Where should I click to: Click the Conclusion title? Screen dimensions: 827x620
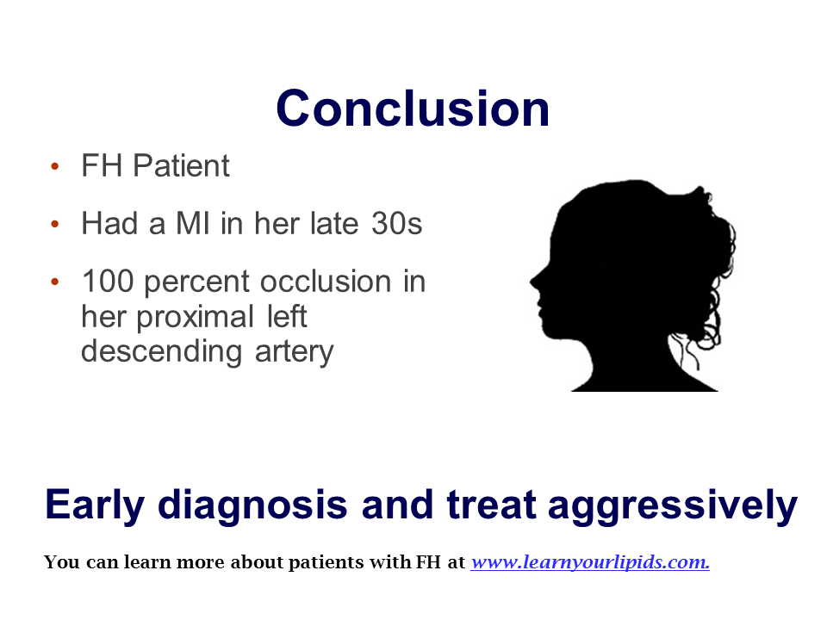tap(413, 108)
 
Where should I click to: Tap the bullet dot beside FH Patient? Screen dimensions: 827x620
tap(55, 166)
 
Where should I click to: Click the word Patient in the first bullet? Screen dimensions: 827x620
tap(181, 165)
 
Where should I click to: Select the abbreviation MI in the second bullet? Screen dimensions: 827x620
tap(193, 223)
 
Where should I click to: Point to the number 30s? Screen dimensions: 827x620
tap(396, 223)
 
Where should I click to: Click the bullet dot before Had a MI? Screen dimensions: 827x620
tap(55, 224)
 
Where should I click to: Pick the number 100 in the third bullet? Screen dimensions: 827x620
tap(109, 281)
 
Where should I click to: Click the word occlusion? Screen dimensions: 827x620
tap(326, 281)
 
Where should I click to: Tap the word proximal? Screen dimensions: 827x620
tap(196, 318)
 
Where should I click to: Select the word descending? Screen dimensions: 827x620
tap(161, 351)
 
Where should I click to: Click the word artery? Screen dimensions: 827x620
tap(295, 353)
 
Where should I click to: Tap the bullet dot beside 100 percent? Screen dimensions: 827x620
tap(55, 282)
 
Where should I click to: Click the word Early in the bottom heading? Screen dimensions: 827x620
tap(95, 505)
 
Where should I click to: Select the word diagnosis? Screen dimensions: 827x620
tap(252, 505)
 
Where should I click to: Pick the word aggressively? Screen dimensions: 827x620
tap(673, 506)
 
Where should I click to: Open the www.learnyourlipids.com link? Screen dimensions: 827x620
tap(590, 562)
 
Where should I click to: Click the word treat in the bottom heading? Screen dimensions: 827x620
tap(492, 505)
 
